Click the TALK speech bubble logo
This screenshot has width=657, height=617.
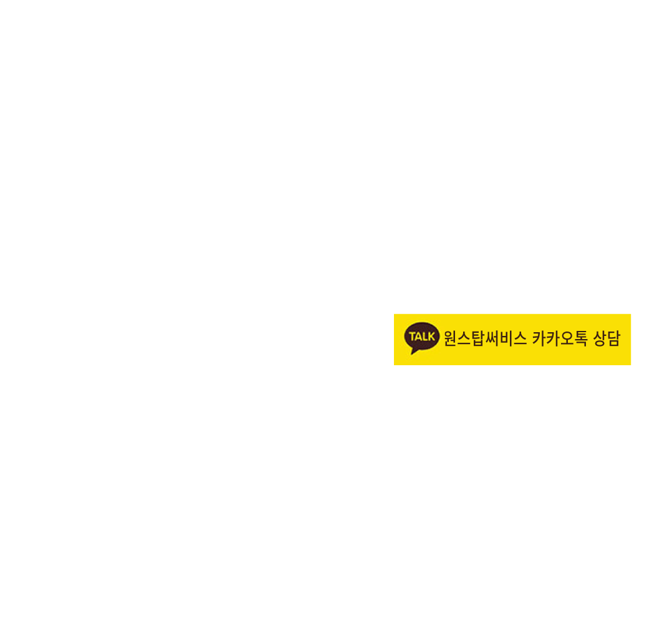(421, 338)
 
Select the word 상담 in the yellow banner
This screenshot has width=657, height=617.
(607, 338)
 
